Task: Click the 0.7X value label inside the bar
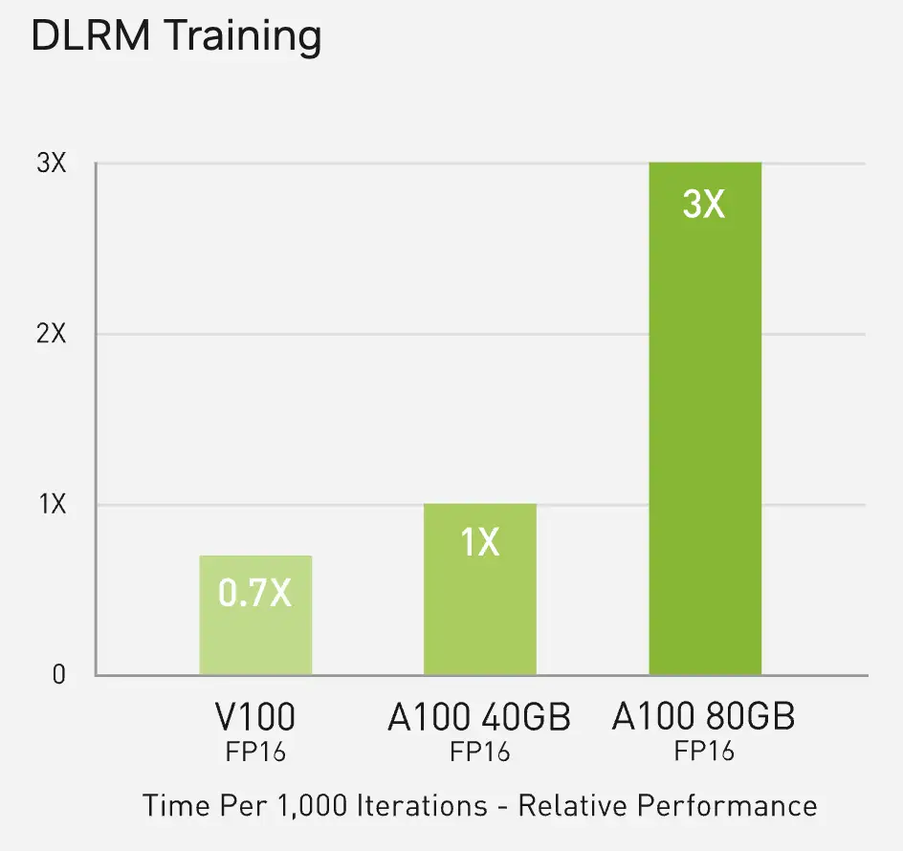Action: tap(255, 594)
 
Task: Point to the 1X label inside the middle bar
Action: tap(480, 542)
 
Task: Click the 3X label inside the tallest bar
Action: tap(705, 204)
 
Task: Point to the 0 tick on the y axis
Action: tap(59, 675)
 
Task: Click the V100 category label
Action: tap(255, 717)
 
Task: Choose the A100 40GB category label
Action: tap(479, 717)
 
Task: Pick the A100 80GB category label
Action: tap(704, 716)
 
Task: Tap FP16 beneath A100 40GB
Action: tap(479, 752)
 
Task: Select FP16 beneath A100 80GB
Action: tap(704, 751)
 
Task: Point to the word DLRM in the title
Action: tap(88, 37)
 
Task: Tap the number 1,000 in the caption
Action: tap(309, 805)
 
